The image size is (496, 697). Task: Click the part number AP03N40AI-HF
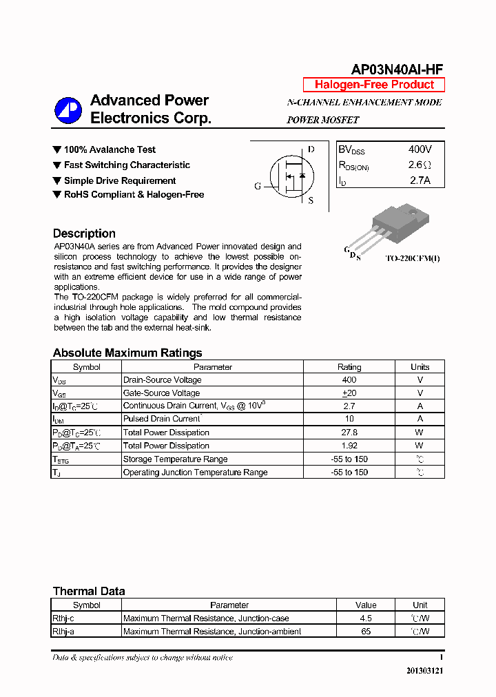[397, 69]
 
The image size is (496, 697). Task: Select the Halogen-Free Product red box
[374, 85]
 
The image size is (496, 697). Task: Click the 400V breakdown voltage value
[420, 149]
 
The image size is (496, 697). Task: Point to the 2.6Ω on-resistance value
[420, 165]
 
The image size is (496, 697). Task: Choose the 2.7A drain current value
[420, 181]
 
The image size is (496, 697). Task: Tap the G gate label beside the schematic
[258, 187]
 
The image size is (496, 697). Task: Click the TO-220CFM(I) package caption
[412, 258]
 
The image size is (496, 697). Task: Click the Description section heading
[84, 233]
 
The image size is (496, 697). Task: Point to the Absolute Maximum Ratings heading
[127, 353]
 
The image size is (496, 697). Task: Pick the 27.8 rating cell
[349, 433]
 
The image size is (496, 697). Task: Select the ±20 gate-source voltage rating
[349, 393]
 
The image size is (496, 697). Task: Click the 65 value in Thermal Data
[365, 631]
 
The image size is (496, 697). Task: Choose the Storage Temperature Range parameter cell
[175, 459]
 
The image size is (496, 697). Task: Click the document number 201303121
[424, 671]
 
